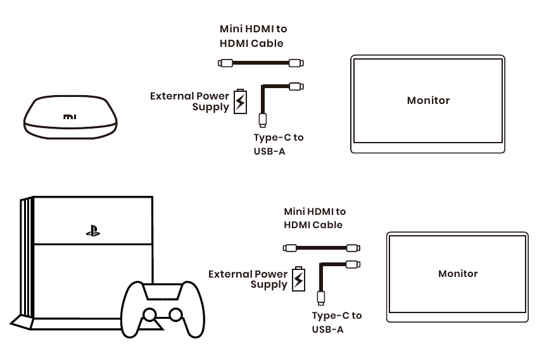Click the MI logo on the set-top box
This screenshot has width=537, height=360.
(x=70, y=117)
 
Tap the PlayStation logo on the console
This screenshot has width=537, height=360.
(x=93, y=231)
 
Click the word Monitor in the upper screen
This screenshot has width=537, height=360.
(x=428, y=100)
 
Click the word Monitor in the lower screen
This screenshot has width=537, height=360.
(x=458, y=274)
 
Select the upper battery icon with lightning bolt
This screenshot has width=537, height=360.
(x=240, y=101)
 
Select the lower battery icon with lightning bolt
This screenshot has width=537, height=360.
(x=298, y=279)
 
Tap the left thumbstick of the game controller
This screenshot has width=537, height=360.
(x=149, y=314)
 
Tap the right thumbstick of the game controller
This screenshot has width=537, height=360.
(x=175, y=314)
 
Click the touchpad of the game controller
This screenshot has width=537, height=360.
(x=162, y=292)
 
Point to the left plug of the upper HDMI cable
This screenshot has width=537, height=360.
(x=225, y=63)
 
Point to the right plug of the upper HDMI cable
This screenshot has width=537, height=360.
(x=296, y=63)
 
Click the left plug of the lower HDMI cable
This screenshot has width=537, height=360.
(x=290, y=248)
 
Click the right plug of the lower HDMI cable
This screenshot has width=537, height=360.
(x=353, y=248)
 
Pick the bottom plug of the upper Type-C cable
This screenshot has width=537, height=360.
(x=263, y=120)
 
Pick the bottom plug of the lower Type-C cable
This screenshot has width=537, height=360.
(x=321, y=298)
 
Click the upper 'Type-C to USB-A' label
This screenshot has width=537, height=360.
(x=279, y=145)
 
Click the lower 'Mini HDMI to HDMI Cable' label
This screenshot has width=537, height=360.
(x=315, y=218)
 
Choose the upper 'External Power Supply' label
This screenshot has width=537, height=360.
(x=189, y=101)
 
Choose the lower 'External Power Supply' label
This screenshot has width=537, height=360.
(x=248, y=279)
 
